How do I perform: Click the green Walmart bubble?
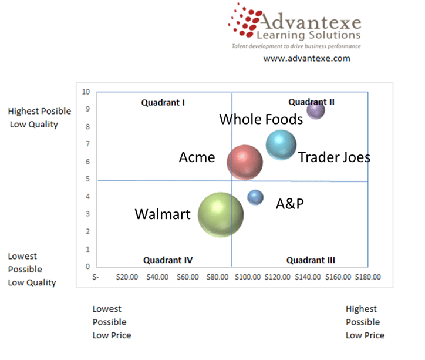(221, 215)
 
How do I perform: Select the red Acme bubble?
(245, 162)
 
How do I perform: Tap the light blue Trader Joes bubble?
(281, 144)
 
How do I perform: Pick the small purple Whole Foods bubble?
(316, 110)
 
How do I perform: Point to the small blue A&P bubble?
(255, 197)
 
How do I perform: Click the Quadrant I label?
(163, 103)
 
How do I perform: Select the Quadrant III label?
(311, 260)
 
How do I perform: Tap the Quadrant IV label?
(168, 260)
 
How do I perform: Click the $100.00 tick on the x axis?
(248, 277)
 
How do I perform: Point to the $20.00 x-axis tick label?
(127, 277)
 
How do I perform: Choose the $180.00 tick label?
(368, 277)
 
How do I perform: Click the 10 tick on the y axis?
(86, 92)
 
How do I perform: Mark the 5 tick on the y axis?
(87, 179)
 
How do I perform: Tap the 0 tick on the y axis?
(87, 267)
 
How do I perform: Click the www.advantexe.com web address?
(306, 59)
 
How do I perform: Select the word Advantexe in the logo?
(311, 21)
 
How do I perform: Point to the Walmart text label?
(163, 214)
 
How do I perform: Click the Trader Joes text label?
(334, 157)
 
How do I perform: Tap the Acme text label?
(197, 157)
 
